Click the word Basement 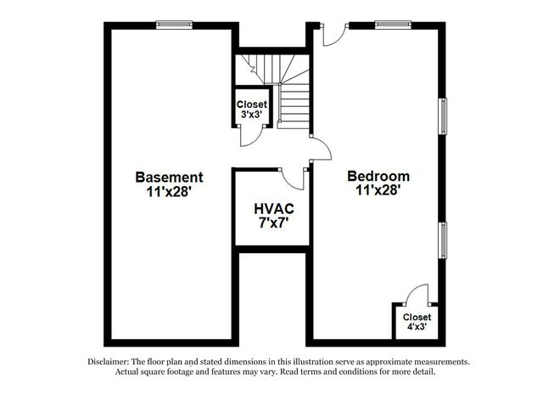(x=169, y=178)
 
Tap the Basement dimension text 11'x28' (x=169, y=191)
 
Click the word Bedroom (x=378, y=176)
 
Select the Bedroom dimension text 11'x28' (x=378, y=190)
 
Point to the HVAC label (x=274, y=209)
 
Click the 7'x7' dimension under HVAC (x=274, y=223)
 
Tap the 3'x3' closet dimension (x=251, y=114)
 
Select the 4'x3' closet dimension (x=417, y=327)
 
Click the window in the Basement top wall (x=174, y=25)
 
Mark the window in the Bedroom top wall (x=393, y=25)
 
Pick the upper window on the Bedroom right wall (x=443, y=116)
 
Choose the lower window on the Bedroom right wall (x=443, y=240)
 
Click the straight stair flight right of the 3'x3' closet (x=293, y=106)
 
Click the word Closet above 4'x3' (x=417, y=318)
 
